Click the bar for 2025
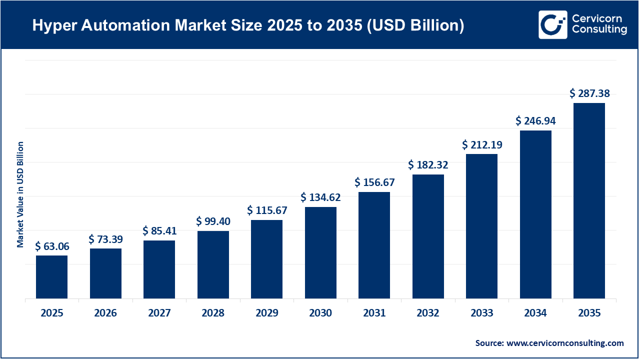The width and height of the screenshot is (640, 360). (51, 277)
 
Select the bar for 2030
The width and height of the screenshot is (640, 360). (320, 252)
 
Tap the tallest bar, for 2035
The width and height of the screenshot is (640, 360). (589, 200)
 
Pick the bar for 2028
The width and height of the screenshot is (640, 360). (213, 264)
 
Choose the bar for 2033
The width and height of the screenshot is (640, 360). (481, 226)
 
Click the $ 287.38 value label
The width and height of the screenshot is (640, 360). (589, 93)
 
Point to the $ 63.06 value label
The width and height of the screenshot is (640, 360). (52, 246)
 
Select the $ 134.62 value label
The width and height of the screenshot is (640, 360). (320, 197)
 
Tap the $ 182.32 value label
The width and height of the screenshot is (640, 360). (428, 164)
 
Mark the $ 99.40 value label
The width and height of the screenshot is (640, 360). (213, 221)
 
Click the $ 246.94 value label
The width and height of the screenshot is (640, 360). (535, 120)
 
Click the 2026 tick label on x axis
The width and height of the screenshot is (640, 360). (105, 313)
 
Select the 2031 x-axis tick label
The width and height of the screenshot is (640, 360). (374, 313)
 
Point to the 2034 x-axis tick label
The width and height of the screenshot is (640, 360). (535, 313)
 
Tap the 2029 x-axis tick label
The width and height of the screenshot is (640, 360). (266, 313)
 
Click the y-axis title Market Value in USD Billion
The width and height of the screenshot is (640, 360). (20, 194)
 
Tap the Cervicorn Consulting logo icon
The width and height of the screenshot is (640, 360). (552, 24)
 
